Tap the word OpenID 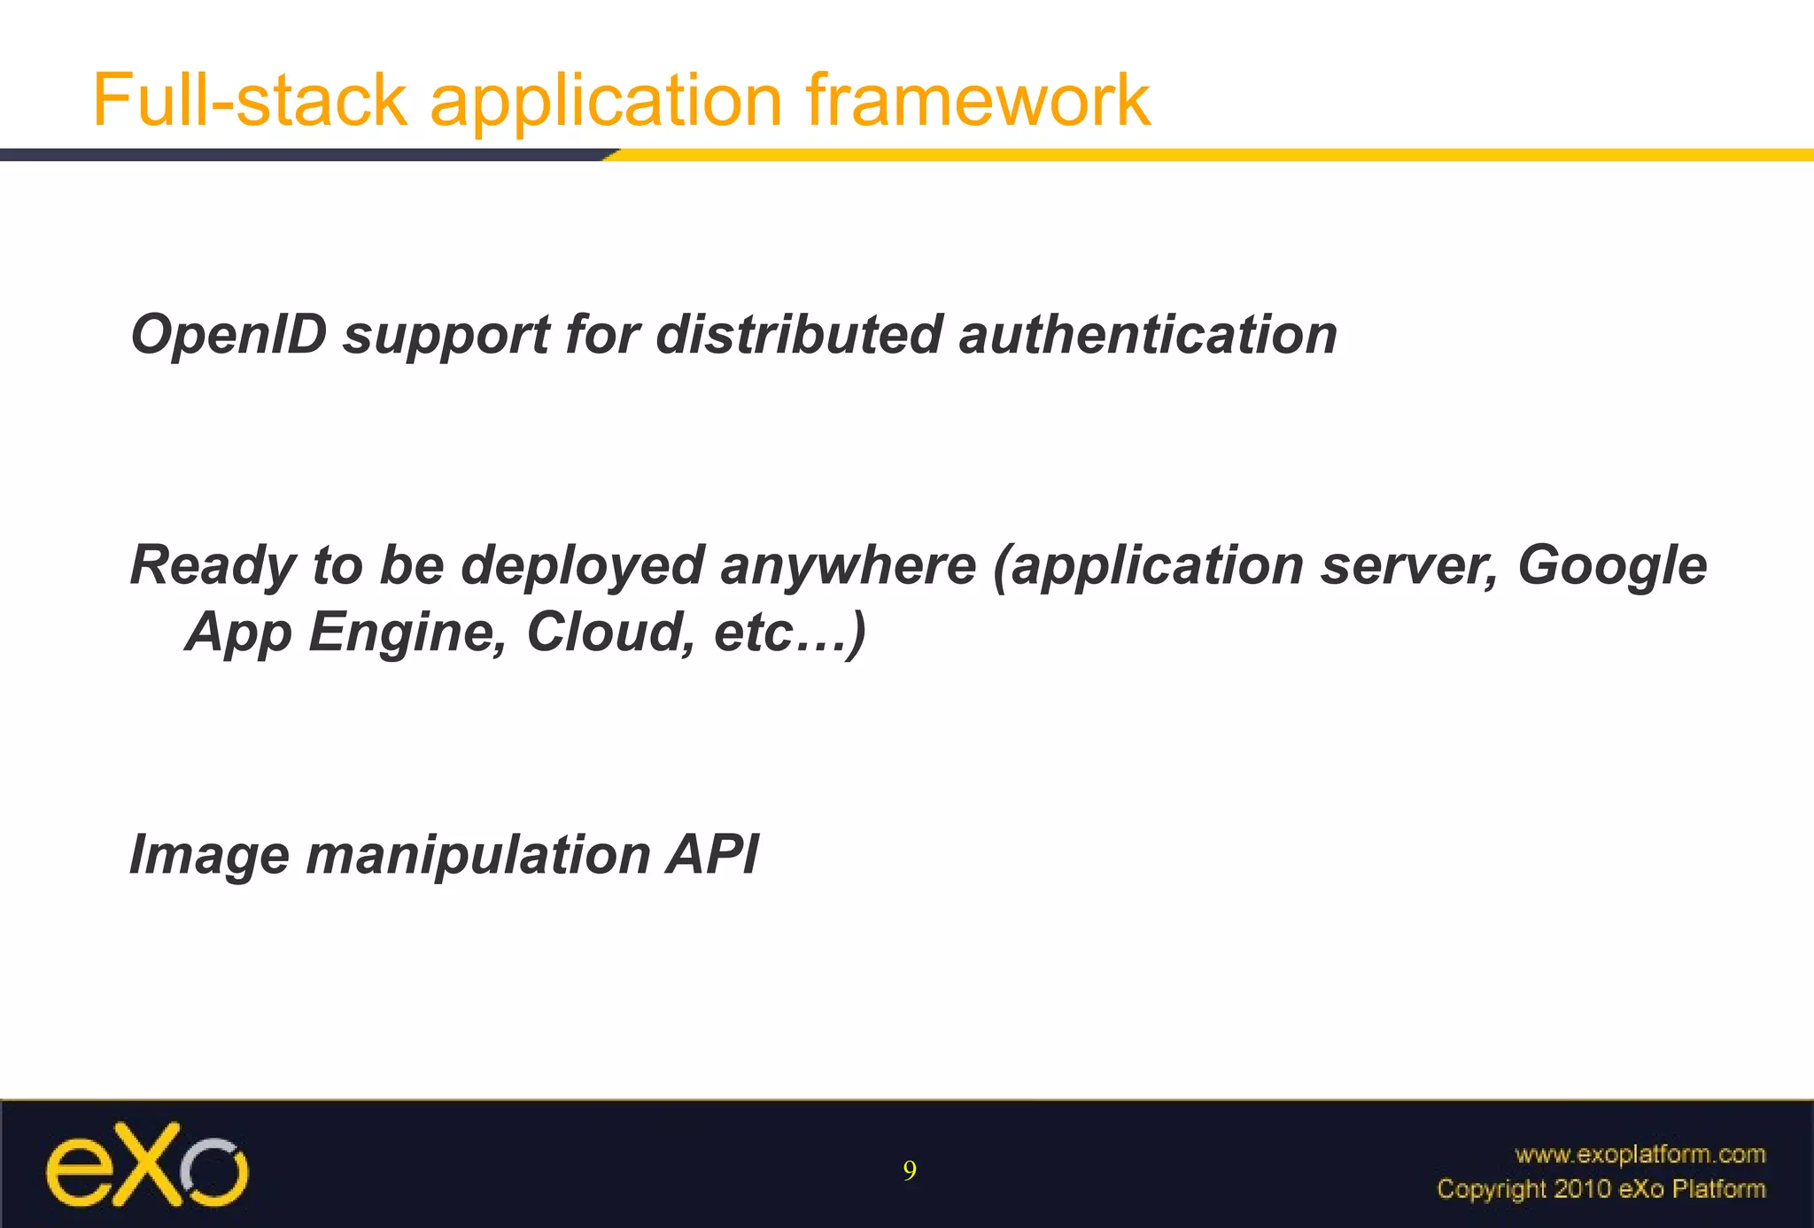click(x=229, y=335)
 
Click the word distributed click(x=798, y=335)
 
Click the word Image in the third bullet click(x=209, y=857)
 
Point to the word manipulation click(x=478, y=857)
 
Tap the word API click(x=713, y=855)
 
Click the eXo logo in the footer click(x=147, y=1164)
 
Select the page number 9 click(x=910, y=1171)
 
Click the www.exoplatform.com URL click(x=1640, y=1154)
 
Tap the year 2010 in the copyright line click(x=1585, y=1189)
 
